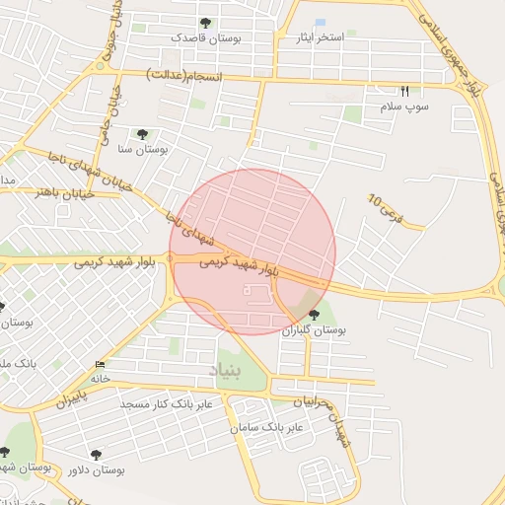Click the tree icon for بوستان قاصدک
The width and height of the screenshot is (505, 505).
(205, 23)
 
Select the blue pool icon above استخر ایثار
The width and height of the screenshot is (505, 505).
(320, 22)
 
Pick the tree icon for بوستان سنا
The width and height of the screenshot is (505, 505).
(142, 134)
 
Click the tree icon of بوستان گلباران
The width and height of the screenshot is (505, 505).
(315, 315)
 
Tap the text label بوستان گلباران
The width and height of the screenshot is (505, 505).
(316, 330)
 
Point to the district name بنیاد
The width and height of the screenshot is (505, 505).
(224, 370)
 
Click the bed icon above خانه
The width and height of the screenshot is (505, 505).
(99, 365)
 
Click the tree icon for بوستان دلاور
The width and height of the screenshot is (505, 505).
(96, 455)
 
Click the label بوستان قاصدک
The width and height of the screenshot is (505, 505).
(206, 37)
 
